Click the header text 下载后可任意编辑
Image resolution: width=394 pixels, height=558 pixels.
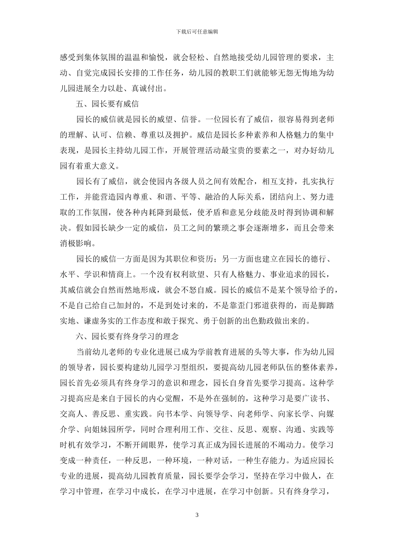tap(197, 32)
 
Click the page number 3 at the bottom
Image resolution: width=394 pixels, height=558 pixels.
tap(197, 515)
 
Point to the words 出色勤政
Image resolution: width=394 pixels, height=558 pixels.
tap(262, 321)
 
